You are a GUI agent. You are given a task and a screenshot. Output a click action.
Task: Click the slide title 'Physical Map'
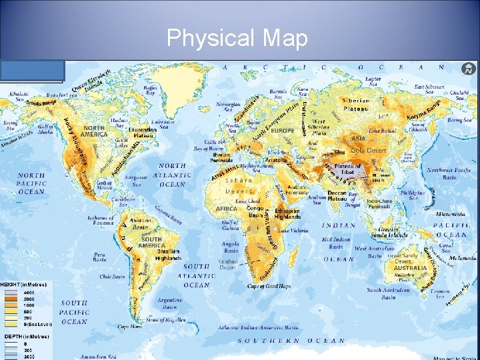(x=237, y=39)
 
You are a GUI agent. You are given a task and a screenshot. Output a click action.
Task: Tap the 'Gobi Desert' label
(x=369, y=151)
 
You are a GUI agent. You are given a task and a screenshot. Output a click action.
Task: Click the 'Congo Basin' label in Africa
(x=255, y=212)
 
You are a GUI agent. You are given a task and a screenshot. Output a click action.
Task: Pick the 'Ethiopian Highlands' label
(x=287, y=214)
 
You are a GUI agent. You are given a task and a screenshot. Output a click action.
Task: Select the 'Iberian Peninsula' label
(x=223, y=158)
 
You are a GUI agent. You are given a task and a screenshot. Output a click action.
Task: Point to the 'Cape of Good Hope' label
(x=269, y=286)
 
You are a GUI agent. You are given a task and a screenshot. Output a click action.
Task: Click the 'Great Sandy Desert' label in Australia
(x=403, y=258)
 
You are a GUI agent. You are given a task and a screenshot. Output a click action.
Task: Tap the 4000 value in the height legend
(x=30, y=293)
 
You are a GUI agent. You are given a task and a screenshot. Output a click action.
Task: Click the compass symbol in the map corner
(x=469, y=69)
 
